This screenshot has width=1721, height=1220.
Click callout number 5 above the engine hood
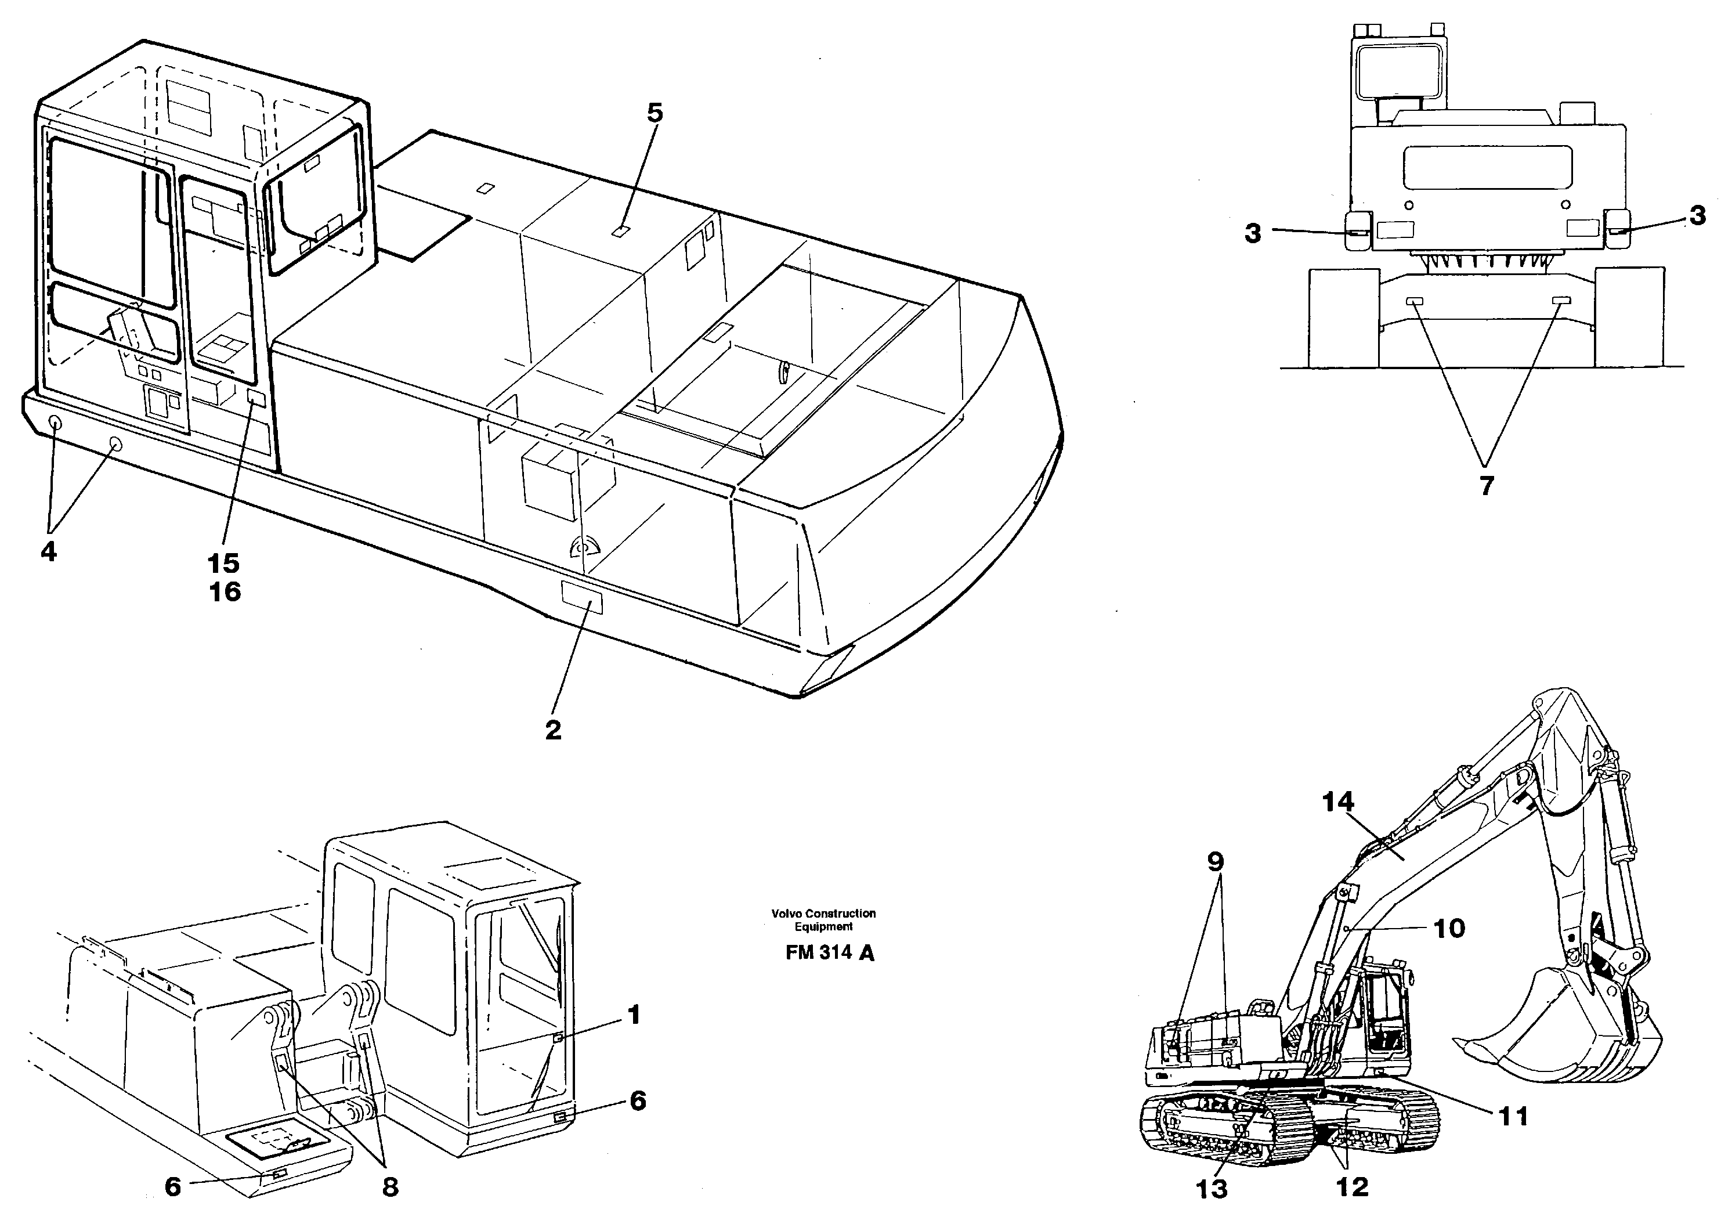click(655, 113)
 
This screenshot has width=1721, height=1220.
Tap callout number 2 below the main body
click(554, 730)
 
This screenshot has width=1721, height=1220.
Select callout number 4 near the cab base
click(48, 552)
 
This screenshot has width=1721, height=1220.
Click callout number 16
click(225, 592)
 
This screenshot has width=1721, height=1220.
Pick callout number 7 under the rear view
click(1487, 486)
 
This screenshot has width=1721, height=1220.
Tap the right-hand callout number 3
click(1698, 216)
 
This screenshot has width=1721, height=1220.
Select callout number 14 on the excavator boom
click(1338, 802)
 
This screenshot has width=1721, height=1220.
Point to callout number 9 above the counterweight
click(1216, 861)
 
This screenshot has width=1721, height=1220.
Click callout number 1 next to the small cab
click(634, 1016)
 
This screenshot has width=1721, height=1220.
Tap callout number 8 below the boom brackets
click(390, 1187)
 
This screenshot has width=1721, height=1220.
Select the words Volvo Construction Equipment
click(823, 921)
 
